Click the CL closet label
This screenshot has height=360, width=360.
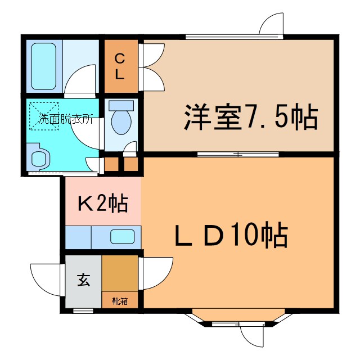click(120, 66)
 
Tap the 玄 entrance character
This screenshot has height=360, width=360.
click(83, 280)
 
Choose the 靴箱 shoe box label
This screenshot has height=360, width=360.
click(120, 300)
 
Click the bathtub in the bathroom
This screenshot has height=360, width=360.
click(43, 66)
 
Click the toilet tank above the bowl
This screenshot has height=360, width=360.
click(120, 105)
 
